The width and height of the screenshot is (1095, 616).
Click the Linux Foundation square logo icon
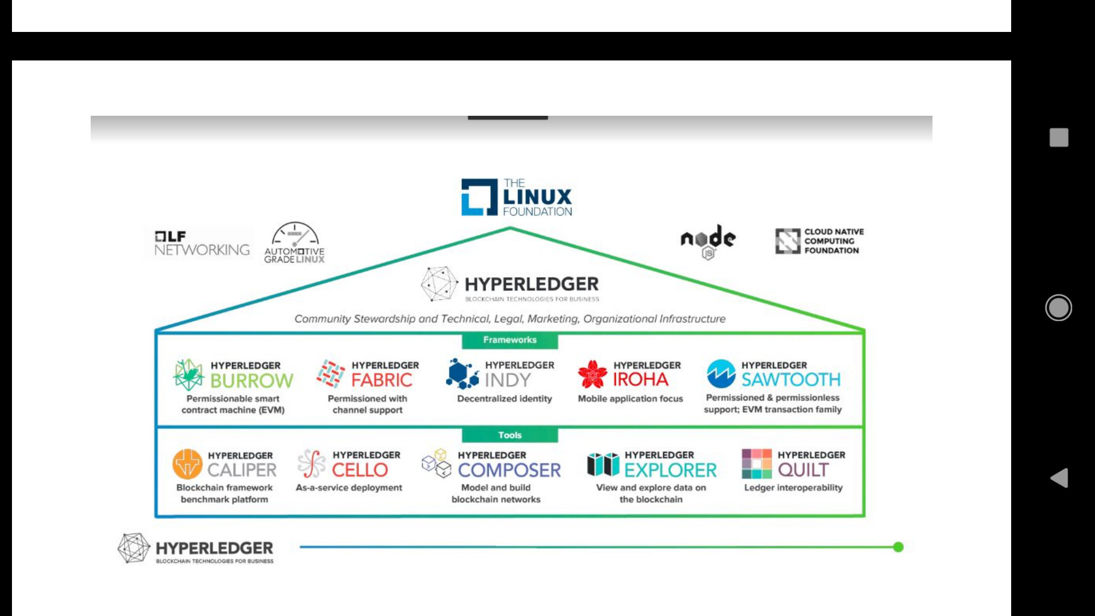[x=479, y=197]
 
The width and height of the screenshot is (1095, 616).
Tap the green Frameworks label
[x=510, y=340]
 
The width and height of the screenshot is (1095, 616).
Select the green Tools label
[x=510, y=435]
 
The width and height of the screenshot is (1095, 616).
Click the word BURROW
[x=252, y=380]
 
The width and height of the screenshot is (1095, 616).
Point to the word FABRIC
[x=382, y=380]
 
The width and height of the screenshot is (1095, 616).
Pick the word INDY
[x=508, y=380]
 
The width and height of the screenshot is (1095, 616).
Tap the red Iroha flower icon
[x=593, y=374]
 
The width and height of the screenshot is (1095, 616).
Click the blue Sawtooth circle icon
[x=721, y=374]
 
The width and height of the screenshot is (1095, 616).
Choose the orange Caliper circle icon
[x=188, y=464]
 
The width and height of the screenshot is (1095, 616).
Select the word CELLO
[x=360, y=470]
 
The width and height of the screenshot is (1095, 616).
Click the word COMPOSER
[x=509, y=470]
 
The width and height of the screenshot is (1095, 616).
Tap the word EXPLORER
[x=670, y=470]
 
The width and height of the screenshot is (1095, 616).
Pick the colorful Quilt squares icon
[x=756, y=464]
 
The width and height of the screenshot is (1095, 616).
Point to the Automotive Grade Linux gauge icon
[x=295, y=234]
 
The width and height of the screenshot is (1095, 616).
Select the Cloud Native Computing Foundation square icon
[x=788, y=241]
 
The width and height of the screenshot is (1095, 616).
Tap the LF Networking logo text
[x=201, y=244]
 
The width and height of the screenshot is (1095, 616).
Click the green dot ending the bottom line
[x=898, y=547]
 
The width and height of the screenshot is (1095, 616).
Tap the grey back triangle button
[x=1059, y=478]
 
